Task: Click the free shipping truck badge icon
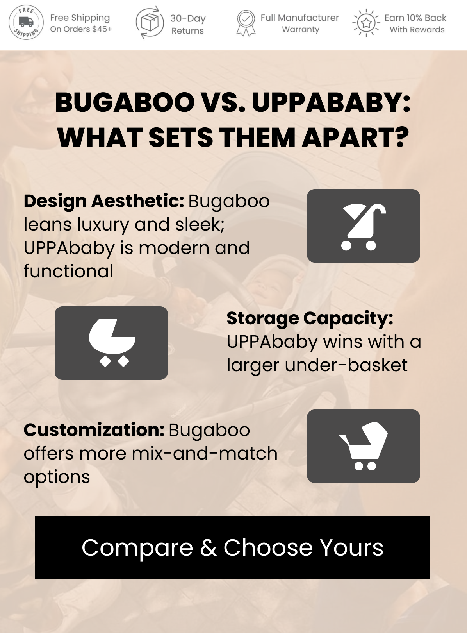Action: pyautogui.click(x=26, y=22)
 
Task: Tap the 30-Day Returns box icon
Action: pyautogui.click(x=150, y=22)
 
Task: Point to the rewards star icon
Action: pyautogui.click(x=366, y=23)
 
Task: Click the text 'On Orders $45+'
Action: pyautogui.click(x=81, y=29)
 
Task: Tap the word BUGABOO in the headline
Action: pyautogui.click(x=125, y=102)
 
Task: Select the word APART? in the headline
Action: pyautogui.click(x=355, y=137)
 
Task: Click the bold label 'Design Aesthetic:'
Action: pyautogui.click(x=104, y=201)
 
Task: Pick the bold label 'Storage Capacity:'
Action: pyautogui.click(x=310, y=318)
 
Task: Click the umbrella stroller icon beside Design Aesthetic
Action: pyautogui.click(x=363, y=226)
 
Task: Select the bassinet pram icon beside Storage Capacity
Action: pyautogui.click(x=112, y=343)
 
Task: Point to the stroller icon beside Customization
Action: pyautogui.click(x=363, y=446)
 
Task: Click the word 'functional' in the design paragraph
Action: pyautogui.click(x=68, y=271)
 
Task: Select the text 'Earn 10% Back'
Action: pyautogui.click(x=415, y=18)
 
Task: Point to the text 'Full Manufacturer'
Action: pyautogui.click(x=299, y=18)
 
